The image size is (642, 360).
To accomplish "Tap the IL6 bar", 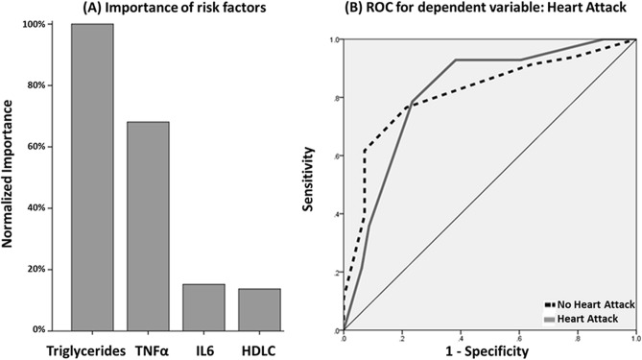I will point(203,306).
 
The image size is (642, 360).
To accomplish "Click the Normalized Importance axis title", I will point(10,179).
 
